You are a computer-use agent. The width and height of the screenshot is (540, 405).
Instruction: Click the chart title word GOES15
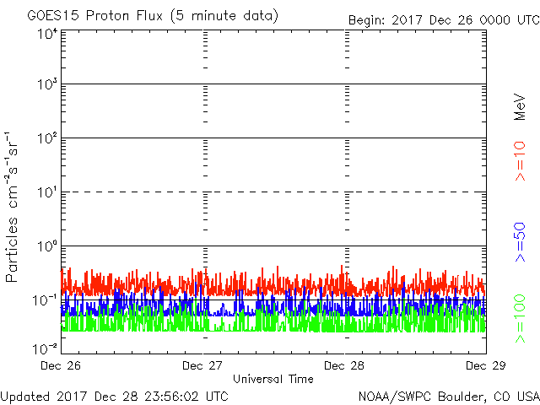tap(53, 16)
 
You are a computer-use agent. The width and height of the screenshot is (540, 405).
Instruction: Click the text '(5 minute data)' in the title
tap(227, 16)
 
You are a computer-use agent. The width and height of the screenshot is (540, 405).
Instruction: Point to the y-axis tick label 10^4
tap(46, 34)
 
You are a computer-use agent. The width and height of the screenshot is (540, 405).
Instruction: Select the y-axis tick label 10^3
tap(46, 86)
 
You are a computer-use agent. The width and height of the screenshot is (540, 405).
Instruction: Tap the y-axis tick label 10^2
tap(46, 139)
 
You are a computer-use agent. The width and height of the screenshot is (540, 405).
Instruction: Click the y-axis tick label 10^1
tap(46, 193)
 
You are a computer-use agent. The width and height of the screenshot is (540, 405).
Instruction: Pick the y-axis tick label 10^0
tap(46, 246)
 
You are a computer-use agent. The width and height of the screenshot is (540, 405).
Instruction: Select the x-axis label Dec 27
tap(202, 366)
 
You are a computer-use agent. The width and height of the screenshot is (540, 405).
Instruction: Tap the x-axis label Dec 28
tap(344, 366)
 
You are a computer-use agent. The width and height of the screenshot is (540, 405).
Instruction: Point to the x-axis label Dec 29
tap(485, 366)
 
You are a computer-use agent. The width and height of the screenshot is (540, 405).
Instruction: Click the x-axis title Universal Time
tap(273, 379)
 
